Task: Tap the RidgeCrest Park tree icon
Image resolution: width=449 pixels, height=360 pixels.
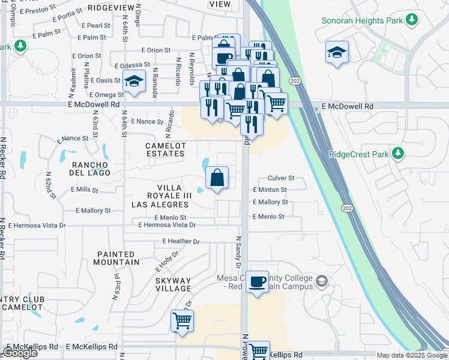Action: click(397, 154)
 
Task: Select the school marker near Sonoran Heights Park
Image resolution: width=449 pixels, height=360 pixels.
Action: click(337, 52)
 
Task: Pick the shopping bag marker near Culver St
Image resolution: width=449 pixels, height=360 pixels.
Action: click(217, 178)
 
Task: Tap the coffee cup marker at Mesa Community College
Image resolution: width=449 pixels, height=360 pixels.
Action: click(258, 281)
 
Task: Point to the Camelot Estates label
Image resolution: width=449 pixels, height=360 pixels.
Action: click(166, 149)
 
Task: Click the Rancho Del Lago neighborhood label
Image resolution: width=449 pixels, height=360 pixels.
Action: click(90, 169)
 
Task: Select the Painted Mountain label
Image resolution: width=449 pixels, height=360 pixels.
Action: click(118, 258)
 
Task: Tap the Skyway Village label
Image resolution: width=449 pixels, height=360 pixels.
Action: click(173, 284)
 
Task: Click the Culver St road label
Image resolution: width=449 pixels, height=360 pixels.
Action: click(280, 178)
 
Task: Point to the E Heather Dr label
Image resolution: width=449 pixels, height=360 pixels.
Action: click(181, 241)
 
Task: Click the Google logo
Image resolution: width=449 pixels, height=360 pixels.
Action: click(20, 353)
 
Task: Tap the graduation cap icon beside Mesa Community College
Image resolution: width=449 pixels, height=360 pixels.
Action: click(322, 281)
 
